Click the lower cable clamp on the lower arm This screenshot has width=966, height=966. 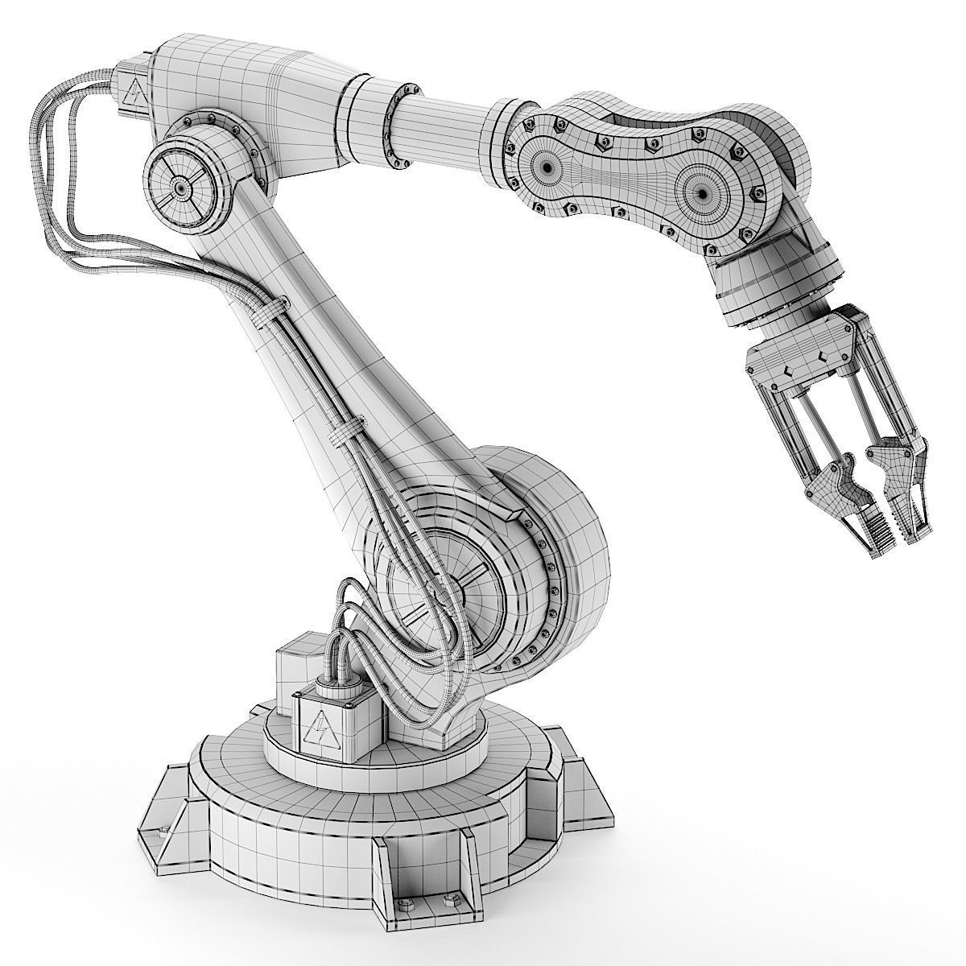tap(347, 427)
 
